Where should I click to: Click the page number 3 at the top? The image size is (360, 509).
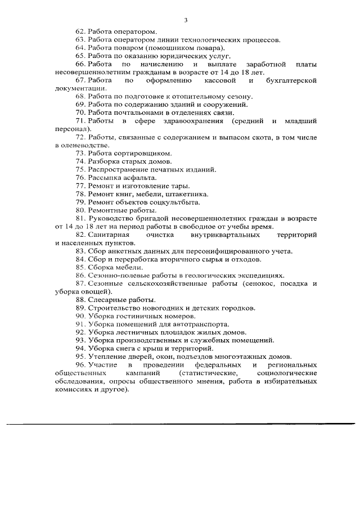tap(186, 20)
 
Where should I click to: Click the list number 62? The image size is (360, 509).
tap(80, 32)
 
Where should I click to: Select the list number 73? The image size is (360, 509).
tap(80, 154)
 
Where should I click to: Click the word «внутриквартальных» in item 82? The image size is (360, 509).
tap(230, 235)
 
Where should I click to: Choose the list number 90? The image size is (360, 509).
tap(80, 316)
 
